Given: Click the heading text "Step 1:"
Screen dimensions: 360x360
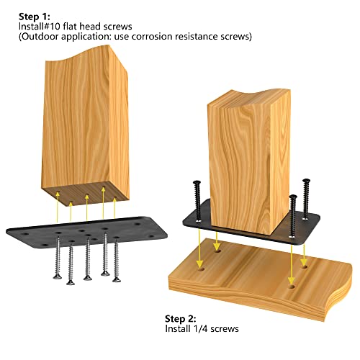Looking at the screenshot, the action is (x=35, y=17).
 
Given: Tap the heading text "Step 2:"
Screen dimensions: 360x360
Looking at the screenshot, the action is (x=181, y=319).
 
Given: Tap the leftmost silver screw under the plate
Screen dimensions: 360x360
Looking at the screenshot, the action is (x=58, y=257).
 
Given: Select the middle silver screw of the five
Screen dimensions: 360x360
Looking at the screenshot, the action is (x=88, y=258).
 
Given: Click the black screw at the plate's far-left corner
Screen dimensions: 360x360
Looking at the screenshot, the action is (x=197, y=201).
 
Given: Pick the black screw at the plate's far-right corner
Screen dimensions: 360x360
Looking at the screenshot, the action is (x=306, y=199).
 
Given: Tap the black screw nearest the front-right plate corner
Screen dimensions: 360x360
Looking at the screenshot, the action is (x=292, y=216).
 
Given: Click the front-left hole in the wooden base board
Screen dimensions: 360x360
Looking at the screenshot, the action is (x=201, y=269).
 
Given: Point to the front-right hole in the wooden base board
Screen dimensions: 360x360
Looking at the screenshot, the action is (x=292, y=287).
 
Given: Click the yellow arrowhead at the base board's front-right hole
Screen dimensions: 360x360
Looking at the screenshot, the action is (x=292, y=280).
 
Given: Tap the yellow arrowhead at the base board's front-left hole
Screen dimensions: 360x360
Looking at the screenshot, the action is (x=199, y=264).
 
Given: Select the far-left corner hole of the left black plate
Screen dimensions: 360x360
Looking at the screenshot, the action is (x=24, y=233).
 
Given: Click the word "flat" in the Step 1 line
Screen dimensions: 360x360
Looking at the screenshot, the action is (x=71, y=27).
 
